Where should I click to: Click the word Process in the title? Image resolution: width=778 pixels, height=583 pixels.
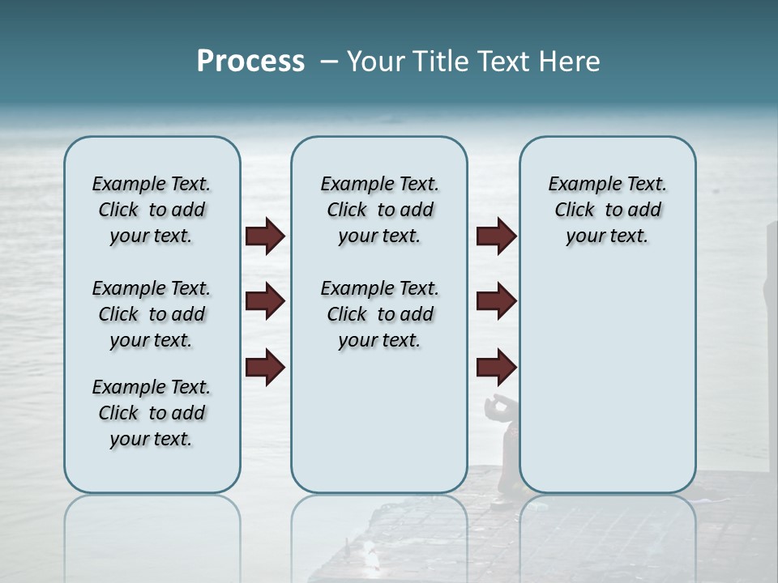pos(250,62)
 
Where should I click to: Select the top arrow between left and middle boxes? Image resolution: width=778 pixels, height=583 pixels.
pos(265,236)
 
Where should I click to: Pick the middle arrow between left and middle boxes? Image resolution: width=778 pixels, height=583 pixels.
pos(265,302)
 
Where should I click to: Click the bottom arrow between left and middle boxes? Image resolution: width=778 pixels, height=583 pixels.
pos(265,368)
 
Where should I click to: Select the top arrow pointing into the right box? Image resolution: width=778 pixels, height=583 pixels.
pos(496,236)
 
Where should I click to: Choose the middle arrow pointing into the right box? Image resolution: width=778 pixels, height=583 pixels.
pos(496,302)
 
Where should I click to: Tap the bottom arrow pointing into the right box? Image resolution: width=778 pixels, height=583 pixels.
pos(496,368)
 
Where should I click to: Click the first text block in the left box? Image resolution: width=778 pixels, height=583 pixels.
pos(152,210)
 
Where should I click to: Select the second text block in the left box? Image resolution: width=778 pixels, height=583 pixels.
pos(152,314)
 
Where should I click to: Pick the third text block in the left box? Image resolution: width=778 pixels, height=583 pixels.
pos(152,413)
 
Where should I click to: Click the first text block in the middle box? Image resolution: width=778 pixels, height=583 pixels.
pos(379,210)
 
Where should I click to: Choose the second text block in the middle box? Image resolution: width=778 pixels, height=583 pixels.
pos(379,314)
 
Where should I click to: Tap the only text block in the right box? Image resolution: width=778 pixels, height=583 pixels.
pos(607,210)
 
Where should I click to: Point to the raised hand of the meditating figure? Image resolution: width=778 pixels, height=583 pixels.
pos(494,404)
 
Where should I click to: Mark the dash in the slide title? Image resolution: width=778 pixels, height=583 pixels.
pos(329,62)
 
